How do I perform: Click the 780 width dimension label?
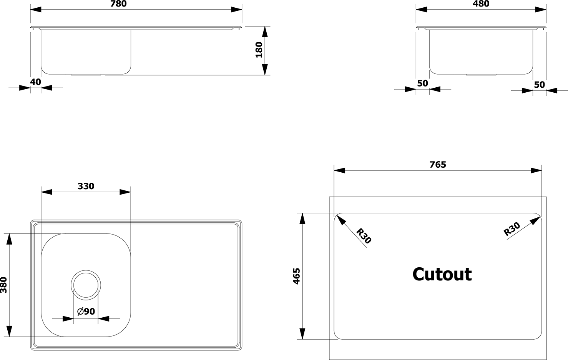tap(118, 3)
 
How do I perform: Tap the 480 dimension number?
tap(481, 3)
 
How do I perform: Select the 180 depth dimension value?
tap(259, 50)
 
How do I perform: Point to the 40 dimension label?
tap(35, 82)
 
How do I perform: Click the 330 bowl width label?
tap(86, 186)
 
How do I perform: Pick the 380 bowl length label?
tap(4, 285)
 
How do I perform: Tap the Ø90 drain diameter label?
tap(86, 311)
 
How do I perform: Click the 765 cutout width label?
tap(438, 165)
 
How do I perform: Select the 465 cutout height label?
tap(296, 276)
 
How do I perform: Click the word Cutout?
tap(442, 274)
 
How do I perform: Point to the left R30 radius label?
tap(364, 236)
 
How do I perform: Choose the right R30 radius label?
tap(512, 229)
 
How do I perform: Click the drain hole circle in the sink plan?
tap(86, 270)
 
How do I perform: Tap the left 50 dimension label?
tap(422, 83)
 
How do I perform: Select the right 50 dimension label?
tap(539, 85)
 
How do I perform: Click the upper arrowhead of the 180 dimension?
tap(265, 32)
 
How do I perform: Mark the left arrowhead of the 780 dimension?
tap(36, 10)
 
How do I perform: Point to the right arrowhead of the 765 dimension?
tap(536, 170)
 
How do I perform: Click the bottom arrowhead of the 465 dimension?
tap(302, 333)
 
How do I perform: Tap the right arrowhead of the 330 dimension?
tap(125, 192)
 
